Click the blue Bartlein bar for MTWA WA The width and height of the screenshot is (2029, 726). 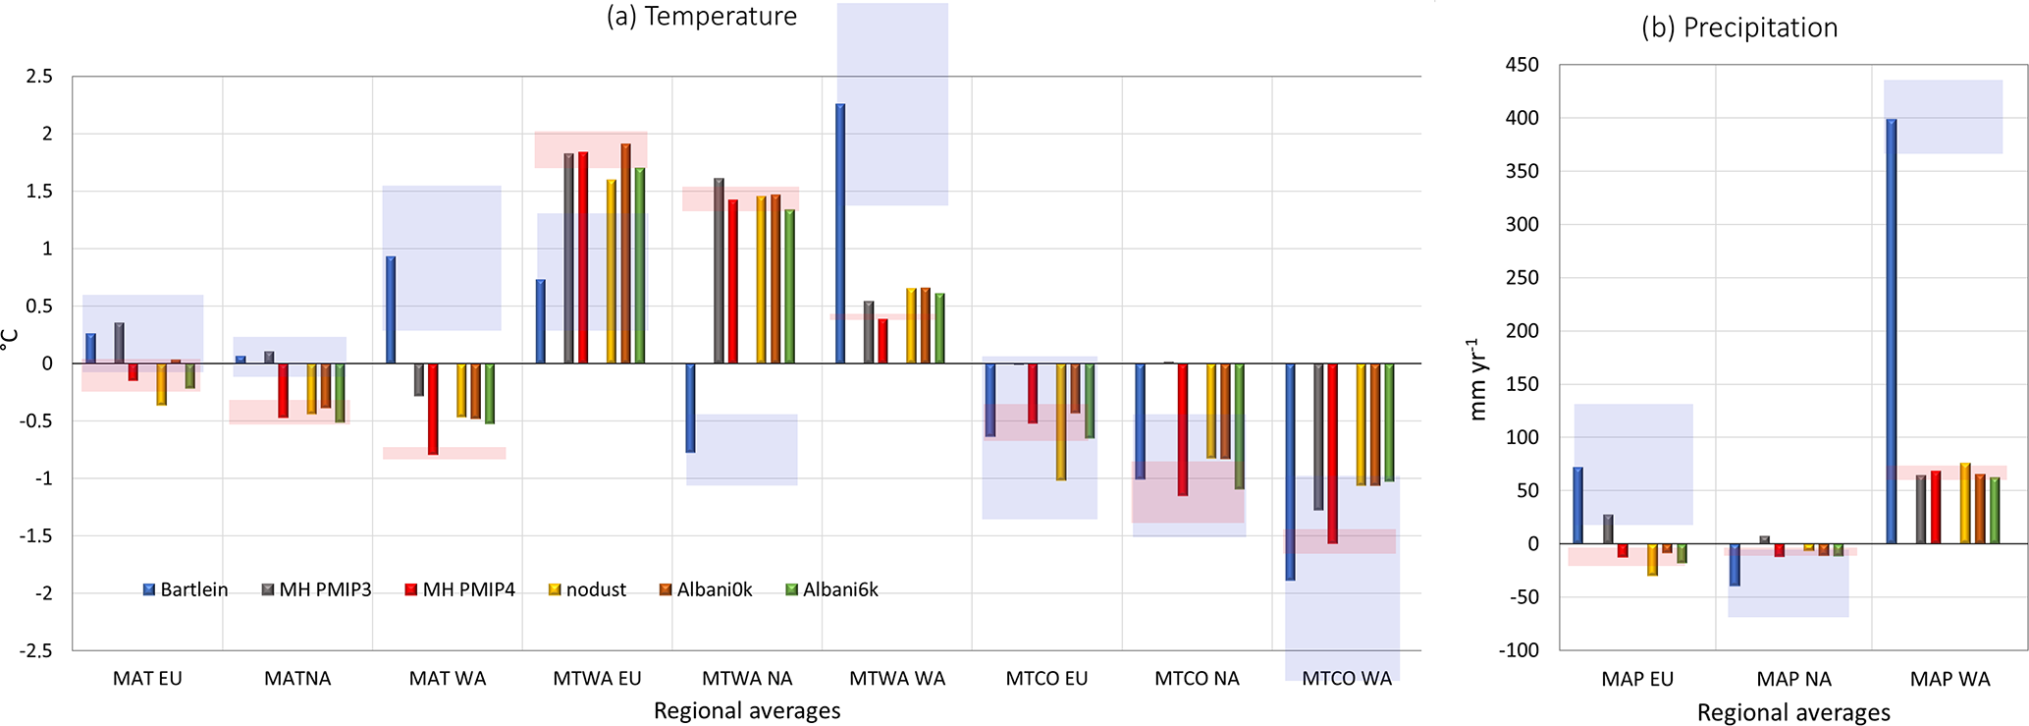tap(840, 234)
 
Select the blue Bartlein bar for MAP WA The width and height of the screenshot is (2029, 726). tap(1892, 331)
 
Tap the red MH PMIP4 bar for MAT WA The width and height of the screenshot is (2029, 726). tap(433, 409)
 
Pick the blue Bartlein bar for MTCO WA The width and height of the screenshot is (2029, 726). tap(1290, 472)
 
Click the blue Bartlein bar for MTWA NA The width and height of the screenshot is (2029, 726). tap(690, 408)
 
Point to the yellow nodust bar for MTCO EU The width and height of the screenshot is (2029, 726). tap(1061, 421)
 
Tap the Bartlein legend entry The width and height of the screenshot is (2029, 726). tap(186, 589)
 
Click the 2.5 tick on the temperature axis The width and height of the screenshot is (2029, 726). tap(38, 77)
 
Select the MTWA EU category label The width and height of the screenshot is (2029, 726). tap(597, 679)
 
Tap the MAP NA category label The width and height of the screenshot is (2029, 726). tap(1793, 679)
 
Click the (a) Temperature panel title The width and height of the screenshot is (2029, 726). tap(701, 17)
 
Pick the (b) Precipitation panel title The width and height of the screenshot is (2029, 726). tap(1738, 28)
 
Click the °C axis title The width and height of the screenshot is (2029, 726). tap(10, 340)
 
